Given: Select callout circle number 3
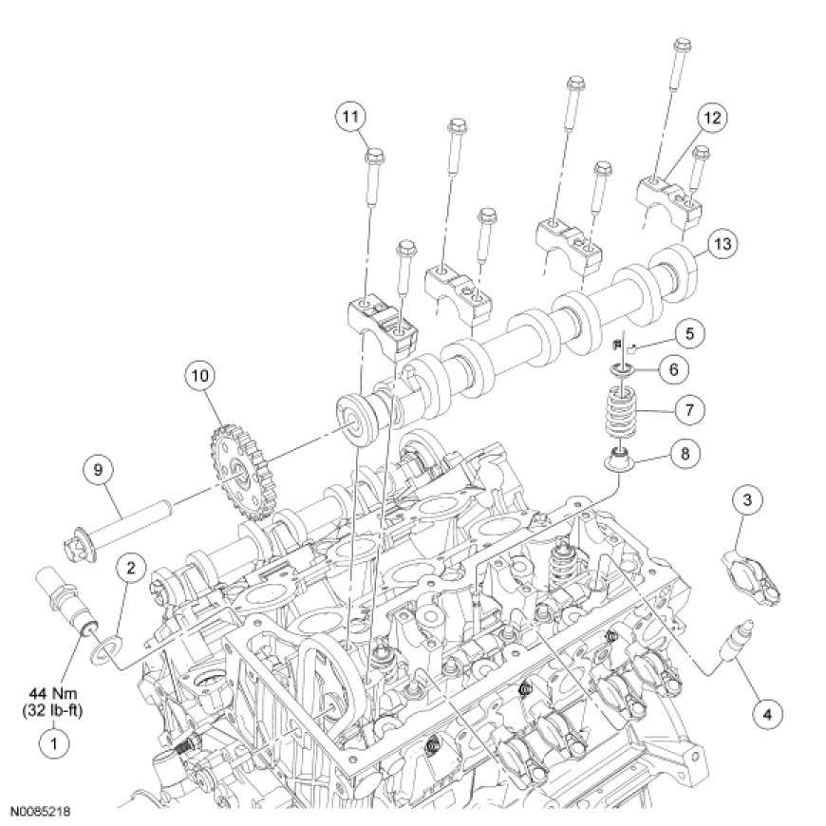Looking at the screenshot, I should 748,499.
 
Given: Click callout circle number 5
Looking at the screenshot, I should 690,333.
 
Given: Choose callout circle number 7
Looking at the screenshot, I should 688,411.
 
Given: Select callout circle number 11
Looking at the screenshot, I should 351,118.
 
